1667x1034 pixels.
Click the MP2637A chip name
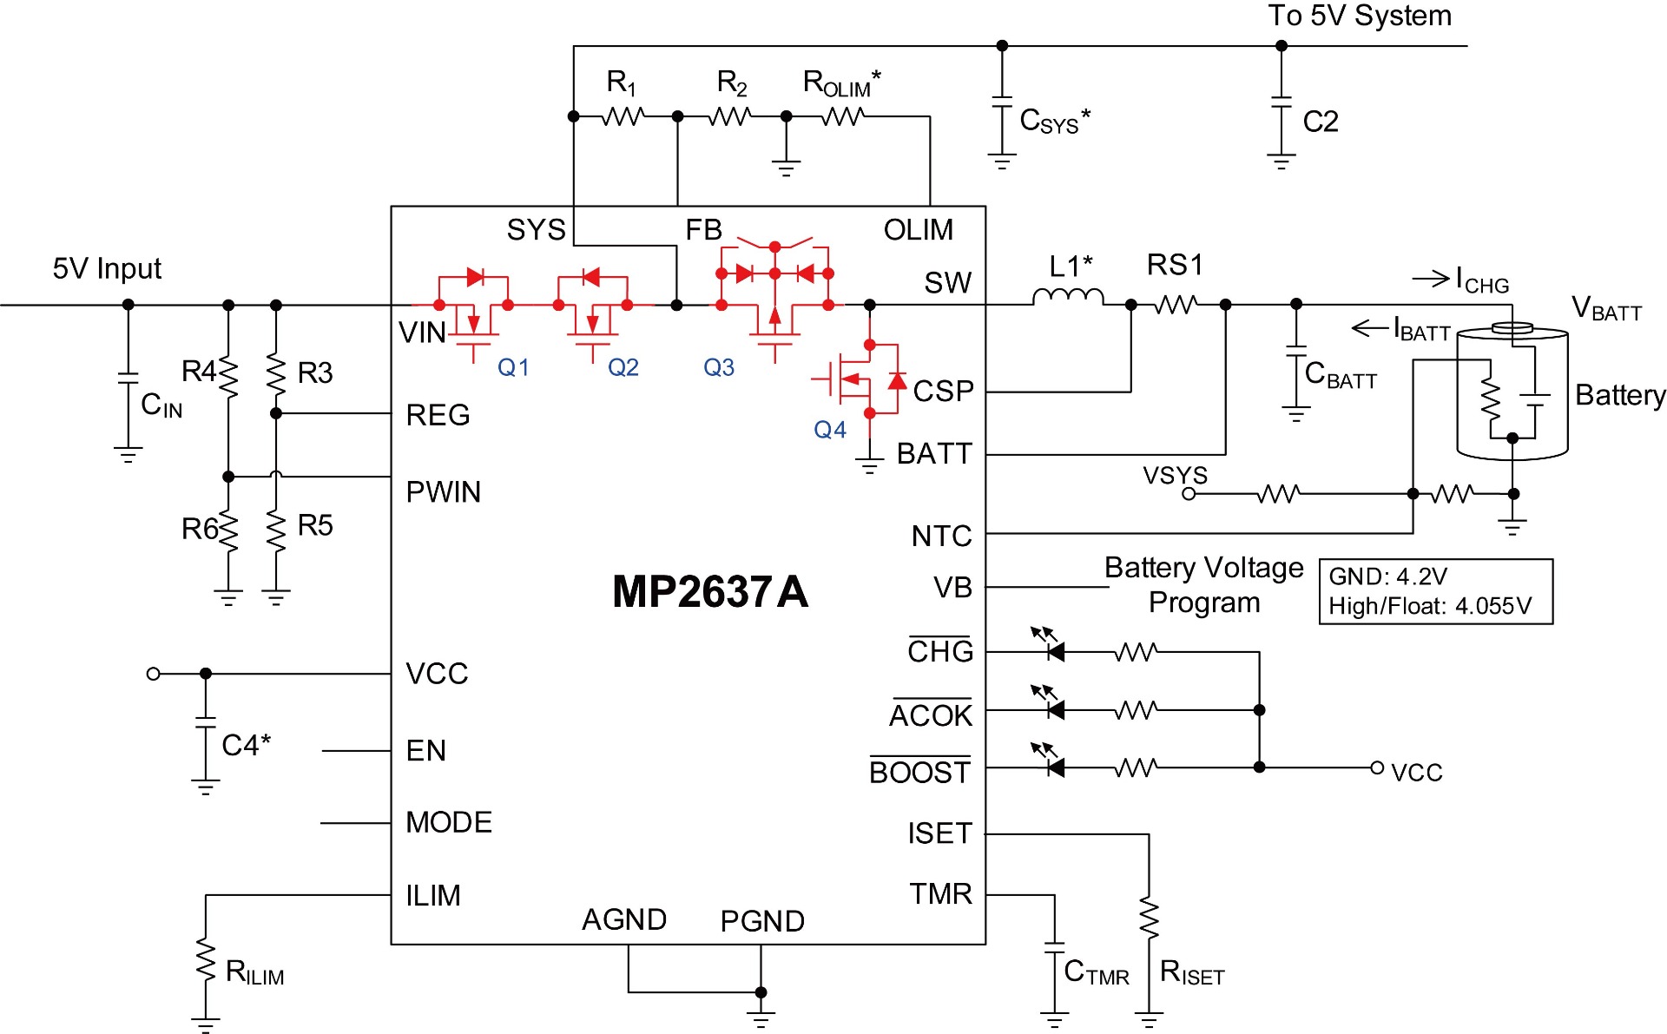pyautogui.click(x=710, y=592)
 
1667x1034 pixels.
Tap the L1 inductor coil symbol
pyautogui.click(x=1068, y=297)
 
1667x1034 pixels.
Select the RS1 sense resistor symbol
pyautogui.click(x=1176, y=305)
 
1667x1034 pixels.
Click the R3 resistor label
pyautogui.click(x=315, y=372)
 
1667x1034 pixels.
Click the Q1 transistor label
pyautogui.click(x=513, y=367)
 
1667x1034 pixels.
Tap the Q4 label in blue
pyautogui.click(x=830, y=429)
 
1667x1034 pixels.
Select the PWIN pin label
pyautogui.click(x=443, y=492)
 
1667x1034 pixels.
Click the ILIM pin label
pyautogui.click(x=433, y=895)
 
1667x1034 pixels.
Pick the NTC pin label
pyautogui.click(x=941, y=537)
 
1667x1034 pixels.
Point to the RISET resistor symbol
pyautogui.click(x=1149, y=919)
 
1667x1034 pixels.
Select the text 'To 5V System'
pyautogui.click(x=1360, y=16)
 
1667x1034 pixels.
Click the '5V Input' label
pyautogui.click(x=107, y=268)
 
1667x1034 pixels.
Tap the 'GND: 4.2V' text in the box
pyautogui.click(x=1388, y=576)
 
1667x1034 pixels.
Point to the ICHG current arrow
pyautogui.click(x=1431, y=279)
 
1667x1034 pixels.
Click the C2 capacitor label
pyautogui.click(x=1321, y=122)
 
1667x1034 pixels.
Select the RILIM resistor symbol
pyautogui.click(x=206, y=959)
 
